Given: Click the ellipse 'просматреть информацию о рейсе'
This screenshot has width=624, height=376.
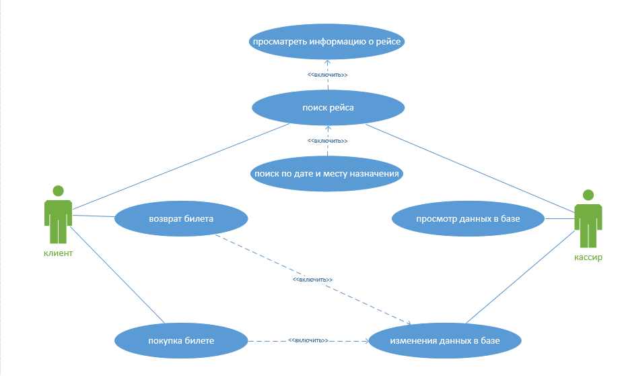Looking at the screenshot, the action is [326, 41].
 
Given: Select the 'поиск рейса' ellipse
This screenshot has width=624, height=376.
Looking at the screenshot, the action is [328, 108].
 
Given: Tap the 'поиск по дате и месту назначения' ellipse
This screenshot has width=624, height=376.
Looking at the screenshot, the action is [326, 174].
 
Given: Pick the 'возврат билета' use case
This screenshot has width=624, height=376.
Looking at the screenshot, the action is [181, 219].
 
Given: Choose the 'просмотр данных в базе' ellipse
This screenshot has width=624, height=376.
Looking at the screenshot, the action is [468, 219].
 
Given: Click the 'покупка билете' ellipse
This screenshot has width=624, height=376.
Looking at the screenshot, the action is [181, 340].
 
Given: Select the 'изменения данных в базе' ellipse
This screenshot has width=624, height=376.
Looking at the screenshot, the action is [445, 340].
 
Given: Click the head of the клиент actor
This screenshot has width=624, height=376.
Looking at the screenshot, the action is [58, 191].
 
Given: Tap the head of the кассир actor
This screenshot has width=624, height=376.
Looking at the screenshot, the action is [588, 195].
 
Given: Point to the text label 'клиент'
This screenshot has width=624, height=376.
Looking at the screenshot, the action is [58, 253].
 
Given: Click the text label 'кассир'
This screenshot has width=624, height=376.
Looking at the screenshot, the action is [588, 257].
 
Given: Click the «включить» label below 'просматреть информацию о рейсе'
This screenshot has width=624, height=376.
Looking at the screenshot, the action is [328, 75].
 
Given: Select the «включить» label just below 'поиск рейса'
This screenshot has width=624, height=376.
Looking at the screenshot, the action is [328, 141].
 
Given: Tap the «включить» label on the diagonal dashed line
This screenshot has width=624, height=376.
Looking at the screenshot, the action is [312, 280].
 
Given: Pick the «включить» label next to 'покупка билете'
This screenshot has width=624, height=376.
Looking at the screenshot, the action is [308, 340].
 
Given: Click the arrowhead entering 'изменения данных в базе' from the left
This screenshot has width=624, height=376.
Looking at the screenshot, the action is [367, 341].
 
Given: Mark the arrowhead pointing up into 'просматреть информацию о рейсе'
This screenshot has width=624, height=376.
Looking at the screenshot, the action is [328, 62].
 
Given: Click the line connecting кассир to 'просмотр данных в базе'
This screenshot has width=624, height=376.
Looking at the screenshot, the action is [560, 219].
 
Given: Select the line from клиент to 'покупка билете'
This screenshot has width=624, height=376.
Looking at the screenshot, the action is [117, 275].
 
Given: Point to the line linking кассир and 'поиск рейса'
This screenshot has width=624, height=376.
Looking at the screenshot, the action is [470, 168].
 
